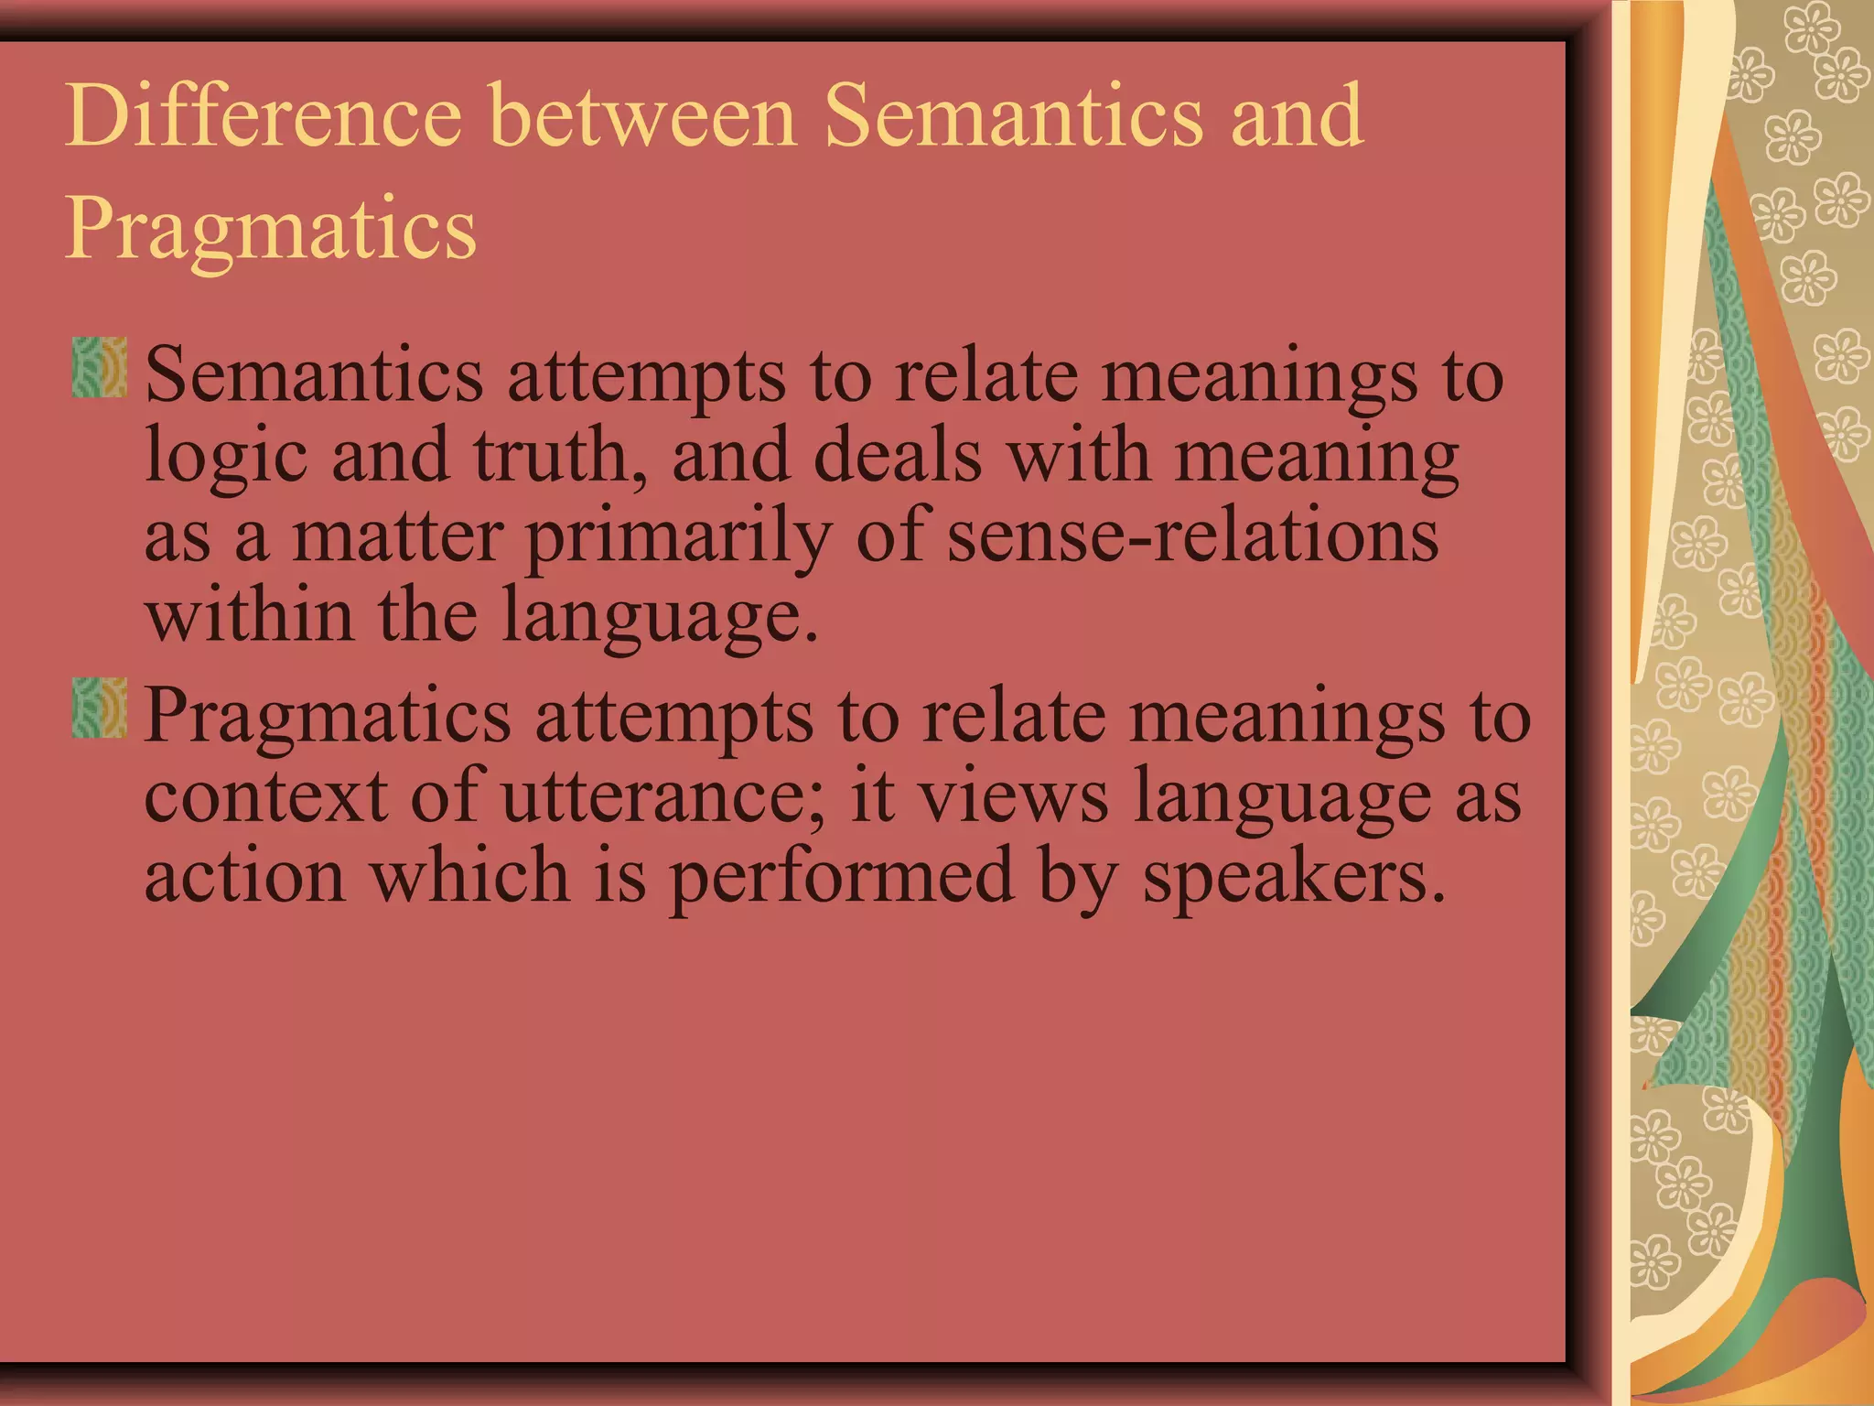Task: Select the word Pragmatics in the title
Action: click(271, 229)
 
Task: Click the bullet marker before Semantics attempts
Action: click(99, 367)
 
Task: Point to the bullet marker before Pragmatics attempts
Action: click(99, 708)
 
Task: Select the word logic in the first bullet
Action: click(226, 458)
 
